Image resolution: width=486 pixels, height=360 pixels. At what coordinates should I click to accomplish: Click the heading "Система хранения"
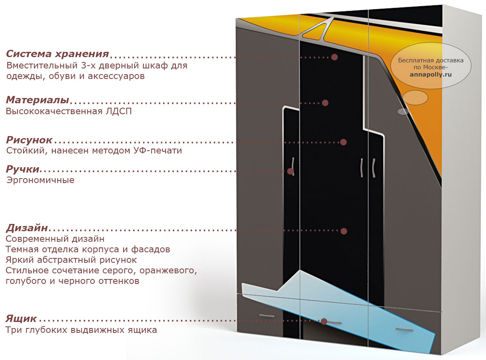(58, 54)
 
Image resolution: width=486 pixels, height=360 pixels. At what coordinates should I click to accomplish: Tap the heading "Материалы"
(38, 100)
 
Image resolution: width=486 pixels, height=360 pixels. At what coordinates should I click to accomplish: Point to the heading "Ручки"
(23, 169)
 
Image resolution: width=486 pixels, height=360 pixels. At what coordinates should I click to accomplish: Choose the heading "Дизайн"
(27, 228)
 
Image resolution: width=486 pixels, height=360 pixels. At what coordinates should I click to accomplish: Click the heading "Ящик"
(21, 318)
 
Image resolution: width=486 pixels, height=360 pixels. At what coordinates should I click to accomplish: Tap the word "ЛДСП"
(119, 111)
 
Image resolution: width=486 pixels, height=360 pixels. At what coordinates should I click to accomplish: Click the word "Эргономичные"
(40, 180)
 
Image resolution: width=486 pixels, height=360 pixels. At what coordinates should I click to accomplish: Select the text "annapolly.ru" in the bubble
(431, 75)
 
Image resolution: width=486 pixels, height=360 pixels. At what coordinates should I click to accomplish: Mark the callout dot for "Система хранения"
(335, 57)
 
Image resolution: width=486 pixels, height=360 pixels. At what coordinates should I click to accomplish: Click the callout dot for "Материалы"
(325, 103)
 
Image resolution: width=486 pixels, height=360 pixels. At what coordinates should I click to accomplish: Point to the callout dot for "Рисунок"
(343, 142)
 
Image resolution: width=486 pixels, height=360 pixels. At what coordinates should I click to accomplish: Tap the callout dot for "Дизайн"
(344, 231)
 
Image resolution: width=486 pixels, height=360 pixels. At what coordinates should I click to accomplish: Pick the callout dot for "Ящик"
(324, 322)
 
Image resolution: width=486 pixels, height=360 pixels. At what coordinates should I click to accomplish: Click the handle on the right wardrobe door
(374, 168)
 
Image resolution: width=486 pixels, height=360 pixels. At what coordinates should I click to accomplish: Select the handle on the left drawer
(267, 316)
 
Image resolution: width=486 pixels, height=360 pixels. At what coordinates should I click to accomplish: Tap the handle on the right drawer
(404, 329)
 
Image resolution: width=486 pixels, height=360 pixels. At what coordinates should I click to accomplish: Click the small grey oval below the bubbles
(403, 112)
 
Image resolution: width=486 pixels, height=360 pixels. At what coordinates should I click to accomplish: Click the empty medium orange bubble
(415, 98)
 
